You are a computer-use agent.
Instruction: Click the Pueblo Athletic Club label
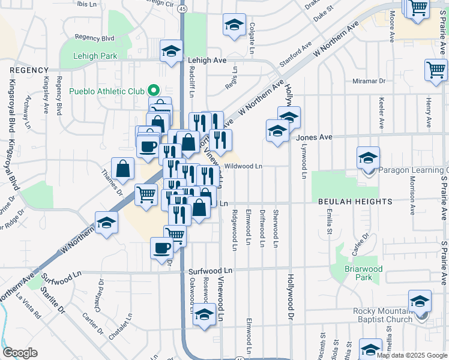(x=107, y=91)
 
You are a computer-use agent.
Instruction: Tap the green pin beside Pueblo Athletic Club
(x=153, y=91)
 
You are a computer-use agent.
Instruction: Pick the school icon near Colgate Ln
(x=234, y=25)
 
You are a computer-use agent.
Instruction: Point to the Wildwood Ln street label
(x=244, y=166)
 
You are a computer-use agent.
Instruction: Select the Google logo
(x=20, y=353)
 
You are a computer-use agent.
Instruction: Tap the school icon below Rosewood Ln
(x=205, y=314)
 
